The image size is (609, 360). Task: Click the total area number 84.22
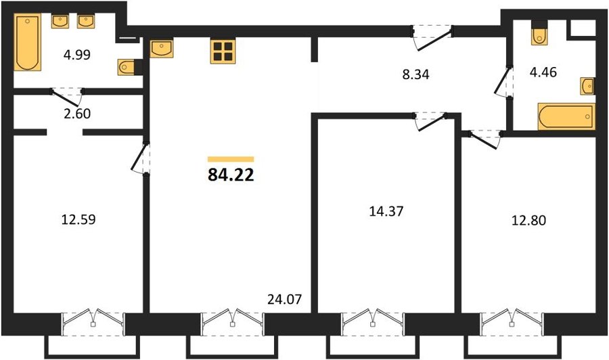pyautogui.click(x=231, y=175)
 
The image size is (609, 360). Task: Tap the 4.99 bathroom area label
pyautogui.click(x=77, y=55)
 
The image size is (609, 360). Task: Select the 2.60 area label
pyautogui.click(x=77, y=114)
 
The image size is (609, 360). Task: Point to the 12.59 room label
pyautogui.click(x=78, y=220)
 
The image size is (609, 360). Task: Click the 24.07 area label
pyautogui.click(x=285, y=299)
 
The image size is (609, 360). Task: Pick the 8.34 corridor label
pyautogui.click(x=415, y=74)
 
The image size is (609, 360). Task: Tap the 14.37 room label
pyautogui.click(x=386, y=211)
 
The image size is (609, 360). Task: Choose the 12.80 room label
pyautogui.click(x=529, y=221)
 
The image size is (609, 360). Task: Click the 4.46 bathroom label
pyautogui.click(x=543, y=72)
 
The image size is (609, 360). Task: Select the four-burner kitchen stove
pyautogui.click(x=223, y=51)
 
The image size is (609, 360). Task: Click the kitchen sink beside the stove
pyautogui.click(x=161, y=48)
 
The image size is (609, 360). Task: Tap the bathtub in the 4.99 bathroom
pyautogui.click(x=28, y=43)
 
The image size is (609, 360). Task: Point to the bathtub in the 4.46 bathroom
pyautogui.click(x=566, y=116)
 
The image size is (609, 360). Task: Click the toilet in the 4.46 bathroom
pyautogui.click(x=539, y=33)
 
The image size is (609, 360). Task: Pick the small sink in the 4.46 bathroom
pyautogui.click(x=587, y=86)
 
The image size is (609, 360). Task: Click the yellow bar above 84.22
pyautogui.click(x=231, y=159)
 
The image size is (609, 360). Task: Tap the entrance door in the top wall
pyautogui.click(x=433, y=38)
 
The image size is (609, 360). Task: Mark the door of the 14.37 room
pyautogui.click(x=431, y=122)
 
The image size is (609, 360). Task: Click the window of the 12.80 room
pyautogui.click(x=512, y=322)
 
